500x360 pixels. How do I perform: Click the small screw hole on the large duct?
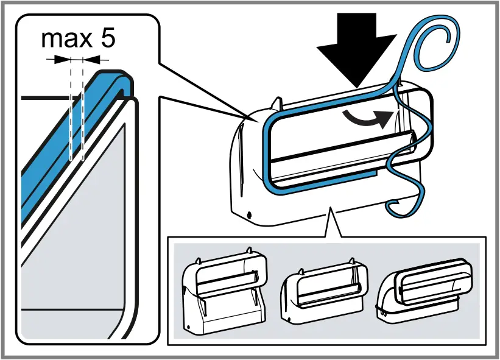[250, 214]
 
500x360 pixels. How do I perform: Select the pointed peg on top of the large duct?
[277, 102]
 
